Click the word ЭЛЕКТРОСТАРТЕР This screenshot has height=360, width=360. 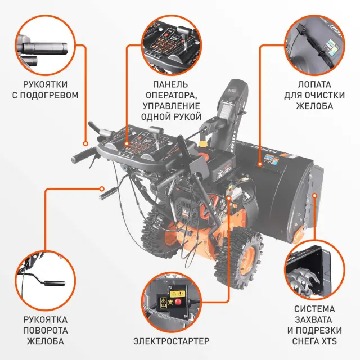click(x=171, y=341)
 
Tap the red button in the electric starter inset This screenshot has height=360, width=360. click(x=178, y=302)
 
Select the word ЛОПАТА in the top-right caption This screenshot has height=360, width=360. click(x=314, y=84)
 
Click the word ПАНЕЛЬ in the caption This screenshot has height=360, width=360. click(x=170, y=84)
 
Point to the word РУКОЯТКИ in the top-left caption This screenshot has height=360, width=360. click(x=45, y=84)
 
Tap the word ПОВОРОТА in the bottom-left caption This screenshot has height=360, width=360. click(x=46, y=330)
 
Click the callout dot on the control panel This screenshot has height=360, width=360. click(x=127, y=144)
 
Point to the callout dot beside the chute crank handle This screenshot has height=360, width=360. click(x=102, y=189)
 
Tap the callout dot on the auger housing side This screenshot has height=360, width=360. click(x=315, y=195)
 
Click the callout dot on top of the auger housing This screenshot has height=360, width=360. click(x=260, y=164)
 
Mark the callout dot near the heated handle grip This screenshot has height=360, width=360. click(x=85, y=144)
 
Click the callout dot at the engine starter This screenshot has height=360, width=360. click(x=228, y=197)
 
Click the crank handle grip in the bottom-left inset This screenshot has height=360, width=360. click(x=55, y=283)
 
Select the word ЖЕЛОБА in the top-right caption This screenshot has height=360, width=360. click(x=314, y=106)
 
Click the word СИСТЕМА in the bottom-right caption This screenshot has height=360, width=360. click(x=314, y=309)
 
